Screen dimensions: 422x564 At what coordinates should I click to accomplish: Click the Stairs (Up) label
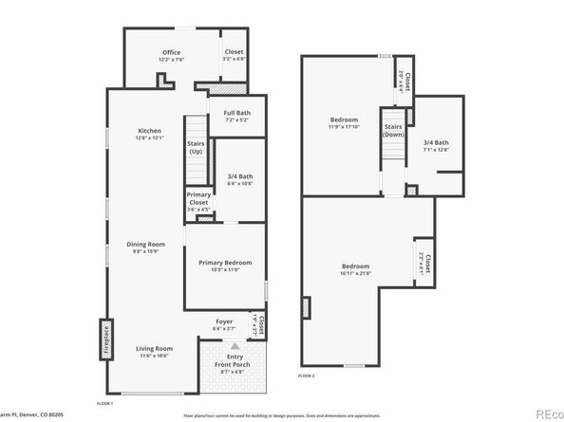[196, 148]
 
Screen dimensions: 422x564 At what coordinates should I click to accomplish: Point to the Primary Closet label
[198, 201]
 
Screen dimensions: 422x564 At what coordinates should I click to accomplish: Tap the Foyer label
[224, 323]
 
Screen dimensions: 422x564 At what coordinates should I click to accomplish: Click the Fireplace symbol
[106, 340]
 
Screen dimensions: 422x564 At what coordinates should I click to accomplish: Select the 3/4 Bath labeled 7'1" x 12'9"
[436, 145]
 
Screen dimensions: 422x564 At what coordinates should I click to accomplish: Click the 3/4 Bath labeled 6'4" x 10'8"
[240, 179]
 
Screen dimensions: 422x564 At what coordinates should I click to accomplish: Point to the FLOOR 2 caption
[306, 376]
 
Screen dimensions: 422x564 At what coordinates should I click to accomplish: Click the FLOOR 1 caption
[105, 405]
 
